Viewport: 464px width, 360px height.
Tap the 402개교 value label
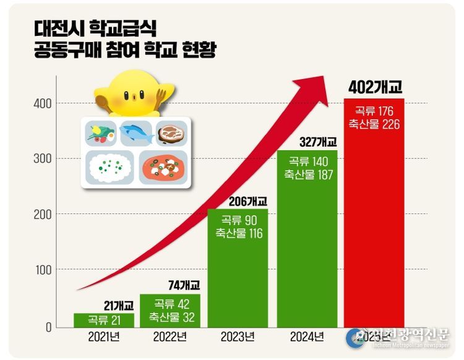coord(375,87)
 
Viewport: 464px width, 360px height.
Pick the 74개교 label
coord(184,285)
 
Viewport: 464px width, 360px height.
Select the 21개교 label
coord(118,305)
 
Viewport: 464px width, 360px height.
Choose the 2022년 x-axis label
coord(170,337)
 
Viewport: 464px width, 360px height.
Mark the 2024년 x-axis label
coord(307,337)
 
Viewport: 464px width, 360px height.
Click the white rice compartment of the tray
coord(110,167)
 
